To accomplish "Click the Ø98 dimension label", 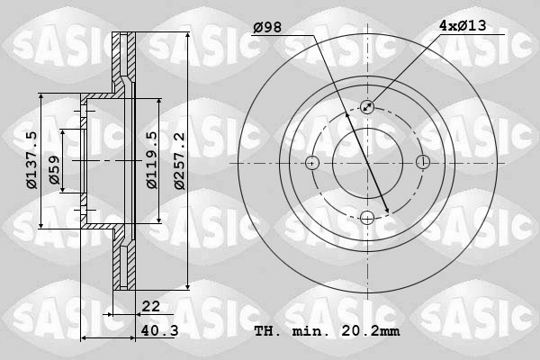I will click(x=268, y=27).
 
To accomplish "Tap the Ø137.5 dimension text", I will click(x=31, y=161).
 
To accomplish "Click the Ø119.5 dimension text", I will click(x=152, y=161).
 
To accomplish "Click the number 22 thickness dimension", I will click(x=150, y=307).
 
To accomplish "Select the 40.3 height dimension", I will click(x=159, y=330).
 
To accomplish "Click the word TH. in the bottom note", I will click(x=267, y=331).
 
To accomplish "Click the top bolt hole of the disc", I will click(x=367, y=108).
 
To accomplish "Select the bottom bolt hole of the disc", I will click(x=367, y=218).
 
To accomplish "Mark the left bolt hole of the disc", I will click(x=312, y=163).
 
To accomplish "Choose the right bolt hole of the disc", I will click(x=422, y=163).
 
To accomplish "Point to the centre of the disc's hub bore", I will click(x=367, y=163).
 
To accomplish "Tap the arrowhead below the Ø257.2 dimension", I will click(x=187, y=284).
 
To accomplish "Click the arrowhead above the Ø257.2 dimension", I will click(x=187, y=37).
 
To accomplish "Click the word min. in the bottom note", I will click(x=310, y=331).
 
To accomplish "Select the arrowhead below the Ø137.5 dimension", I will click(x=42, y=225).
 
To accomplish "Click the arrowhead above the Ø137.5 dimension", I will click(x=42, y=97).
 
